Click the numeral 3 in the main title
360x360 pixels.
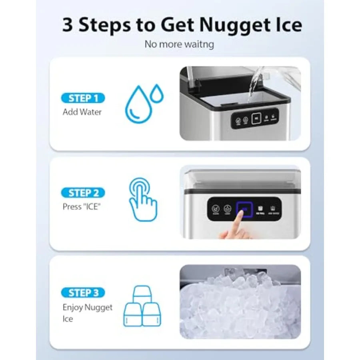[x=69, y=25]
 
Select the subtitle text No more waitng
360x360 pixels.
[x=179, y=44]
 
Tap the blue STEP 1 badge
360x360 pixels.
[x=83, y=98]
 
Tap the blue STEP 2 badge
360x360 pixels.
[x=83, y=193]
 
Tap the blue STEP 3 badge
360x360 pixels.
[x=83, y=292]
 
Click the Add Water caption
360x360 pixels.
[x=82, y=112]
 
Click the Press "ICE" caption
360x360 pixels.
[x=80, y=207]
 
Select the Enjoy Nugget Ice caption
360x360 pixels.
[x=87, y=313]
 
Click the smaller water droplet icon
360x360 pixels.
[x=157, y=94]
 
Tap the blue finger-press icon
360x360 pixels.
[x=143, y=200]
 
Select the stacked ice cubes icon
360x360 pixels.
[x=142, y=306]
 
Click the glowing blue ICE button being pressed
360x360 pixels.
[x=244, y=209]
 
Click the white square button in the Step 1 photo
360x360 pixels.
[x=256, y=119]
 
